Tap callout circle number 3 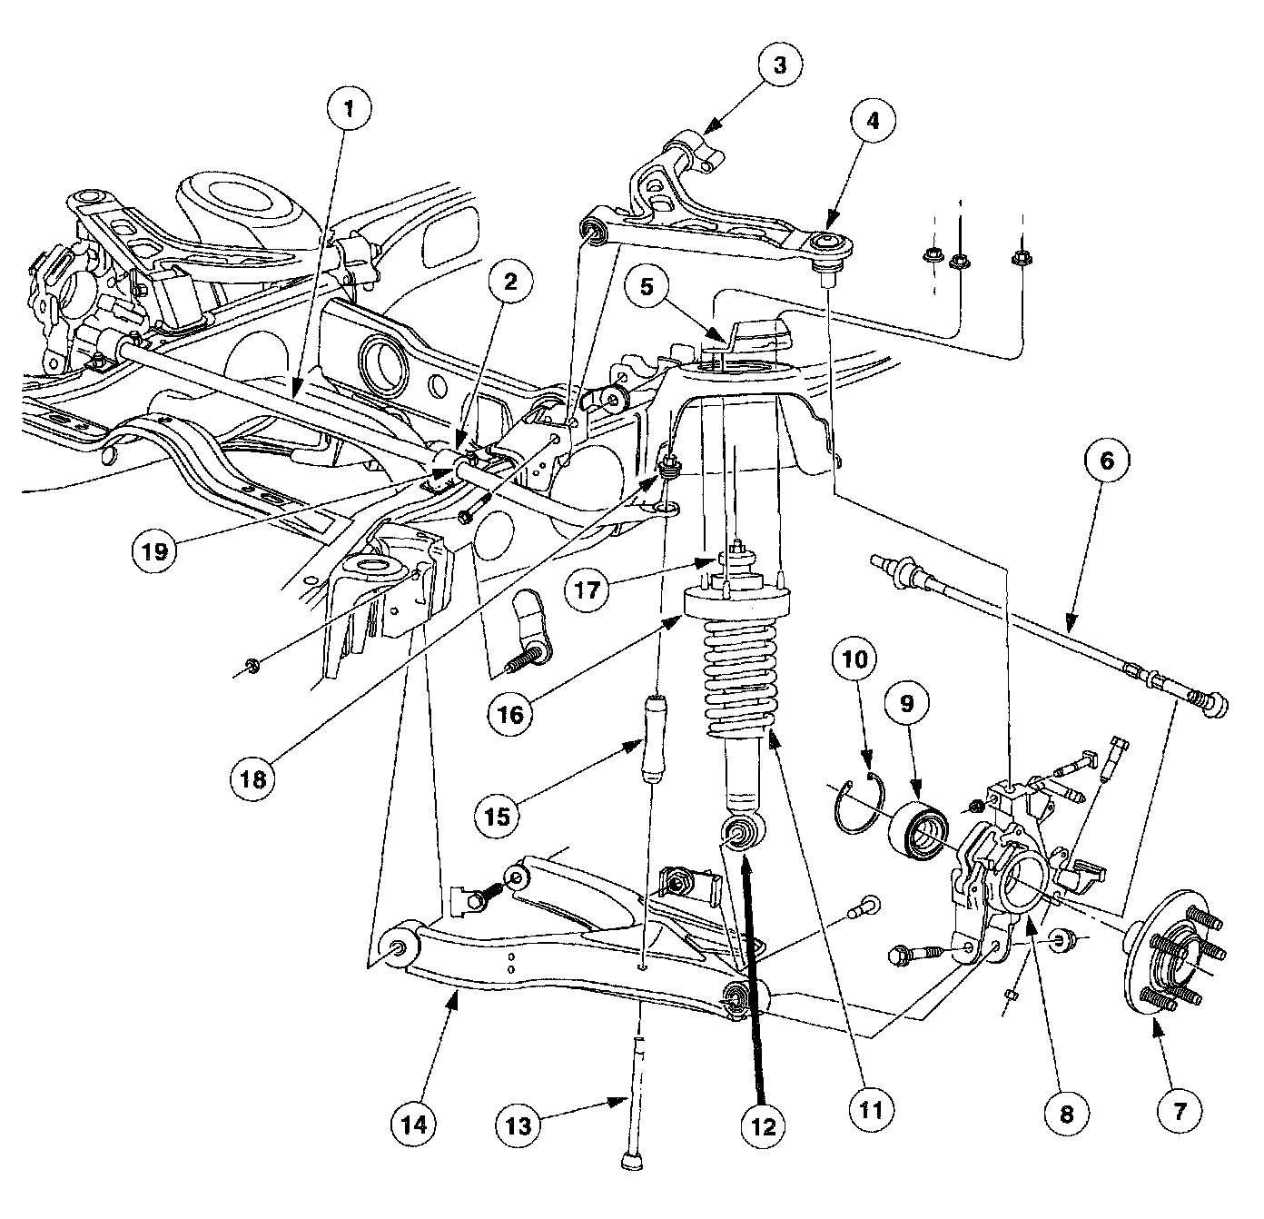click(x=779, y=65)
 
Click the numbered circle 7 click(x=1180, y=1110)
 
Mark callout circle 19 click(x=155, y=550)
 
